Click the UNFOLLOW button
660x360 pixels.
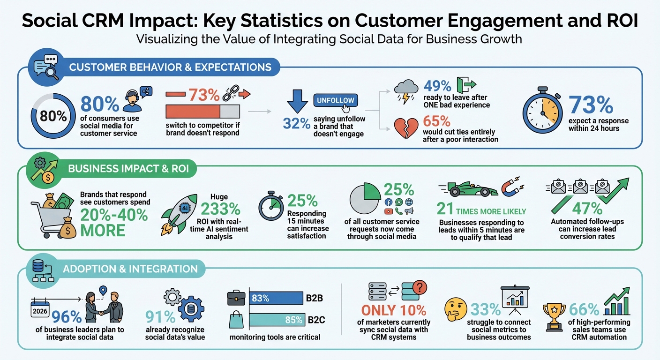tap(335, 100)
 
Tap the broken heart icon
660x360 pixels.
tap(407, 127)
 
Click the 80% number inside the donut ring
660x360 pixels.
tap(53, 116)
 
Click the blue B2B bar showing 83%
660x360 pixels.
tap(276, 298)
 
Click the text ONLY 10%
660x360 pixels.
tap(394, 310)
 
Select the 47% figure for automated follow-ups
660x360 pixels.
tap(586, 208)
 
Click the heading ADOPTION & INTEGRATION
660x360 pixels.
tap(130, 269)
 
